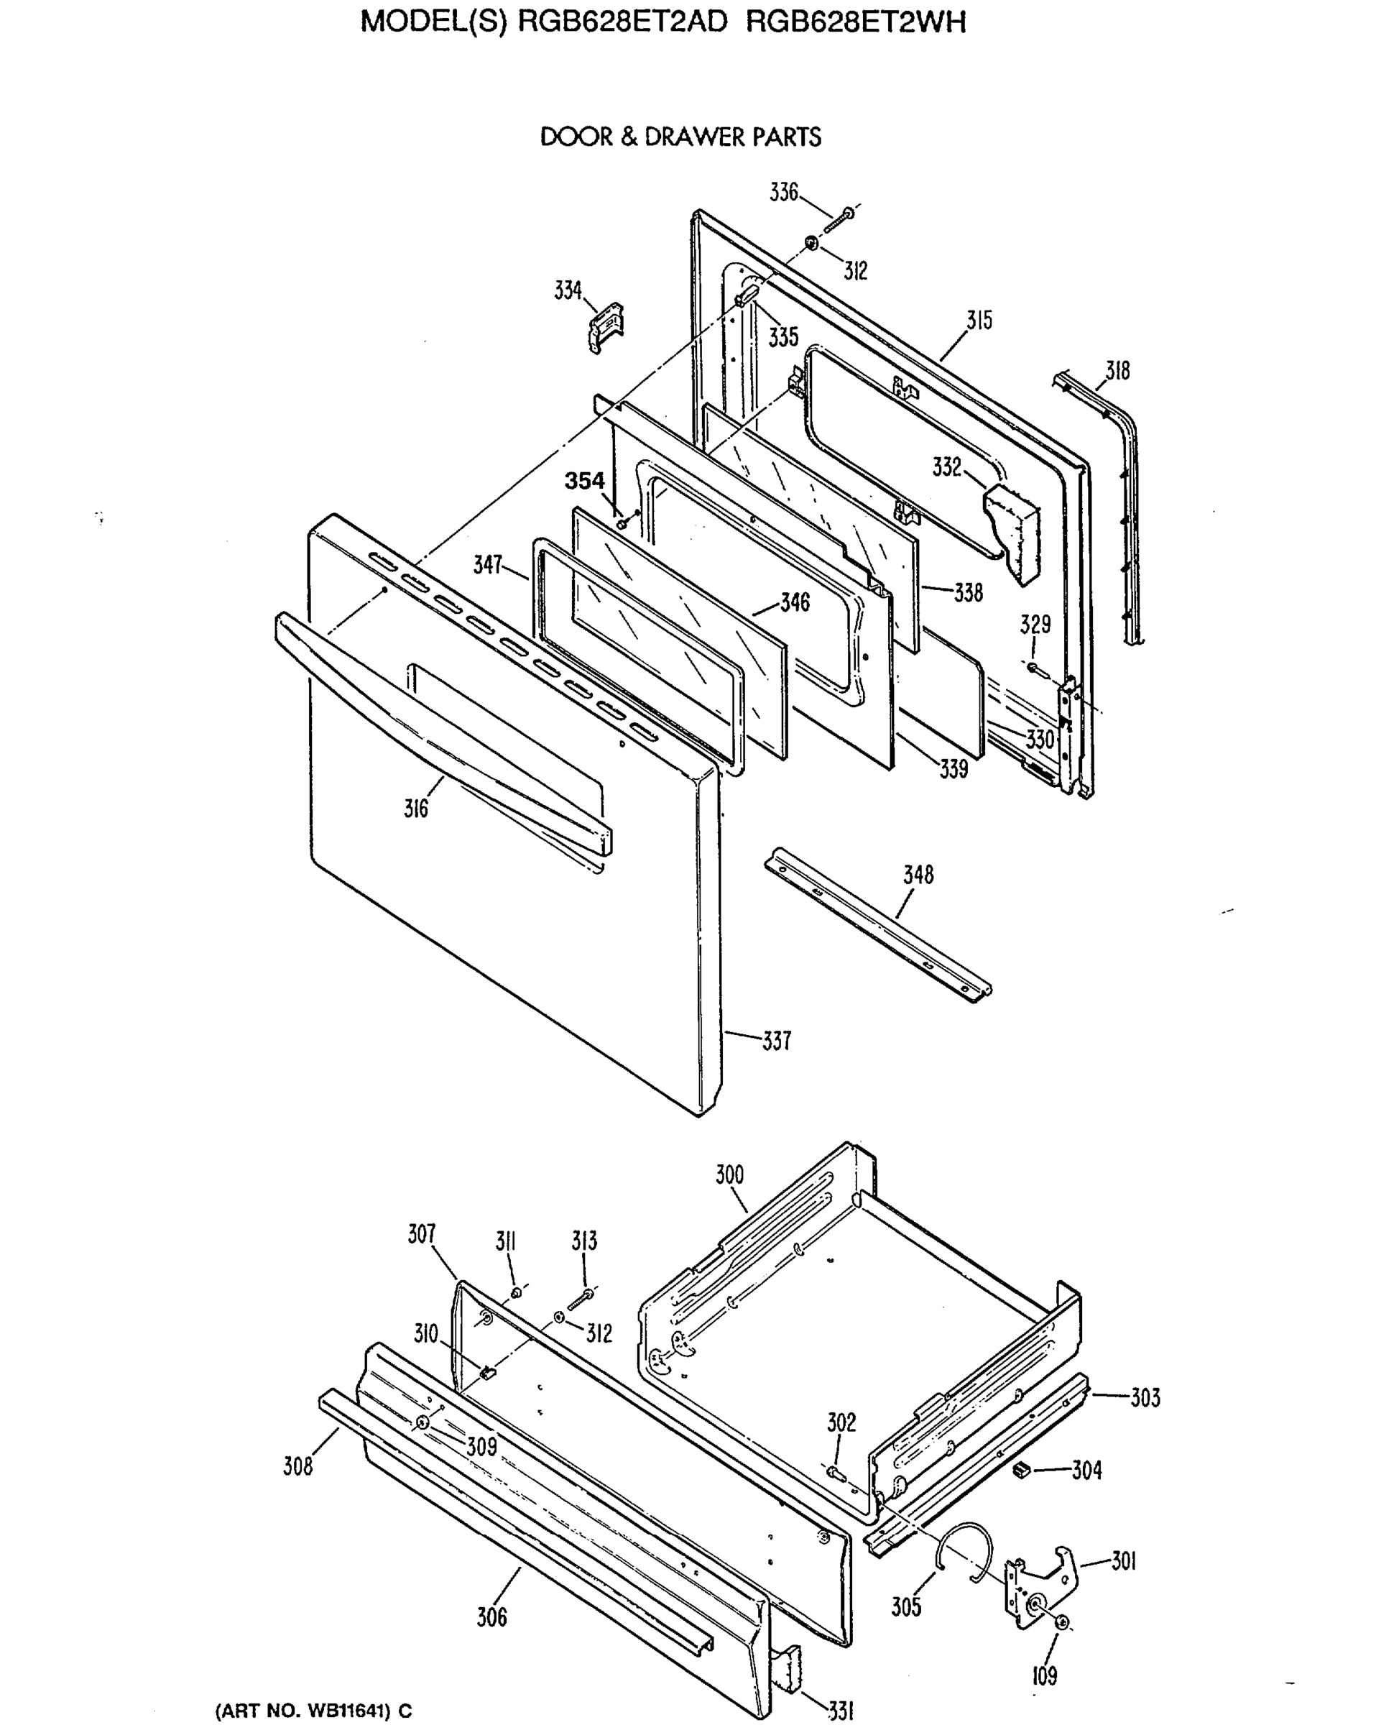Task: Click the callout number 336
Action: pos(783,193)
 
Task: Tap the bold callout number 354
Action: pos(583,482)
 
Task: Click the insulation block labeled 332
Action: pos(1013,531)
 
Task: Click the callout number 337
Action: pos(777,1041)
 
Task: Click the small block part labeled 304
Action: pos(1022,1471)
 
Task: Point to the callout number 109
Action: pos(1045,1677)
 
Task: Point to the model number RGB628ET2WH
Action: pos(855,22)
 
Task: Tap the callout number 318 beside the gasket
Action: pos(1117,371)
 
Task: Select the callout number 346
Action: pos(795,603)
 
